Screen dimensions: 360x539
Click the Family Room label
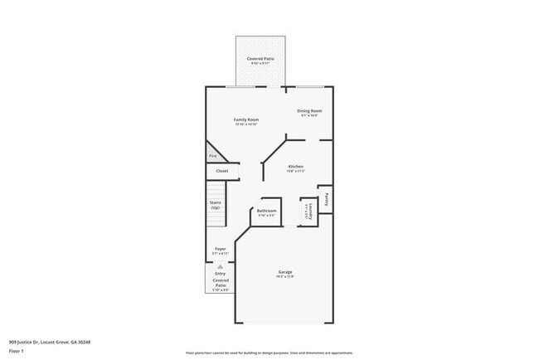(247, 119)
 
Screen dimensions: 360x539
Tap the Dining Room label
(309, 110)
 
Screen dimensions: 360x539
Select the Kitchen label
(295, 166)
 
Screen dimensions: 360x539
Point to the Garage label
(285, 272)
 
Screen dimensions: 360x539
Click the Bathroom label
(266, 211)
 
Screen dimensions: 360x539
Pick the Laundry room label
(308, 212)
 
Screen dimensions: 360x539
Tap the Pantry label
(328, 199)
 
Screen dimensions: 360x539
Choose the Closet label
(222, 171)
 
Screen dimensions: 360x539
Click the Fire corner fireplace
(212, 155)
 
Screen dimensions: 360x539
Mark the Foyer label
(221, 248)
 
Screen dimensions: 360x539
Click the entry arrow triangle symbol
(220, 267)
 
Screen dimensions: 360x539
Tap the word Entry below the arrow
(220, 274)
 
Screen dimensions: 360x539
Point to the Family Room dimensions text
(247, 124)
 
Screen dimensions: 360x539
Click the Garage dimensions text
(285, 278)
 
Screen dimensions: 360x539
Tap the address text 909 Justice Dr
(49, 341)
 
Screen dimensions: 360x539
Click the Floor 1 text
(17, 352)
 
